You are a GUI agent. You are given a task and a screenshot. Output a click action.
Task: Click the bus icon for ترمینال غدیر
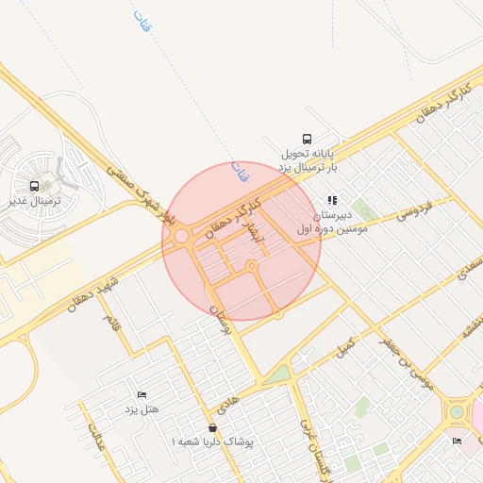pos(35,186)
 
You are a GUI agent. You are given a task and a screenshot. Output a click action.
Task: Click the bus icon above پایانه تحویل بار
pos(307,139)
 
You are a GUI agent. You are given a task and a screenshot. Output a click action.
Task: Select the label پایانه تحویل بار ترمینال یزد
pos(308,159)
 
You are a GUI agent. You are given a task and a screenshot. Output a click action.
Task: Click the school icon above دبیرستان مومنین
pos(331,200)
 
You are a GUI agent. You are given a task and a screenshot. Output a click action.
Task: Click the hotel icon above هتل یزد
pos(142,393)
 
